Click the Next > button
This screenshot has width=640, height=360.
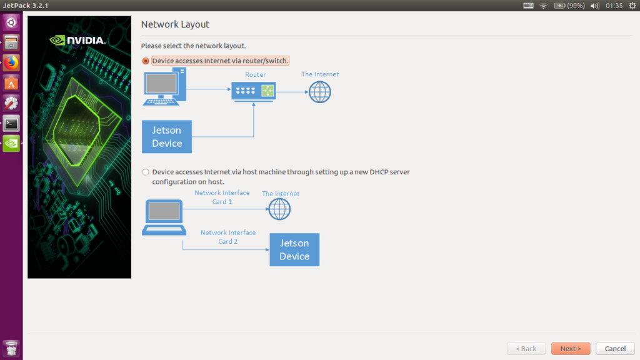click(570, 348)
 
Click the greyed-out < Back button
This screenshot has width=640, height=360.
click(526, 348)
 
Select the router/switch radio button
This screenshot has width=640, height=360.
click(145, 61)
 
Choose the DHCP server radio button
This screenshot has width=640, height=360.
click(145, 172)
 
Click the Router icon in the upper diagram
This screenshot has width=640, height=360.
click(254, 91)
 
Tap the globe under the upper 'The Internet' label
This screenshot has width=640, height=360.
click(319, 92)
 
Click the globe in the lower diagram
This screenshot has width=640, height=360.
click(279, 209)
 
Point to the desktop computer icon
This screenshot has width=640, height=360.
click(164, 86)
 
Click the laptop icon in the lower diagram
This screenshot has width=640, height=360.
click(164, 217)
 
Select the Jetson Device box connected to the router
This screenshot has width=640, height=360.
click(166, 137)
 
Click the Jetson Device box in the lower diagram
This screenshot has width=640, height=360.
click(294, 250)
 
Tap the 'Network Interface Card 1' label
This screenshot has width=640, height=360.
click(222, 197)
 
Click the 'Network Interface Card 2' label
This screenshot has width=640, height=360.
click(227, 237)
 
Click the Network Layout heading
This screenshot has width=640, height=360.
click(175, 24)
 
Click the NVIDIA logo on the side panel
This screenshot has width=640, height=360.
click(77, 40)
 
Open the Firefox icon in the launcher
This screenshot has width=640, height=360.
click(11, 63)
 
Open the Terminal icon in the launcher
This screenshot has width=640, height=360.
click(11, 123)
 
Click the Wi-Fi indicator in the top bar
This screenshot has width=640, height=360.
click(543, 6)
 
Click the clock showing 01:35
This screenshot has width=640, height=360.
click(614, 6)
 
